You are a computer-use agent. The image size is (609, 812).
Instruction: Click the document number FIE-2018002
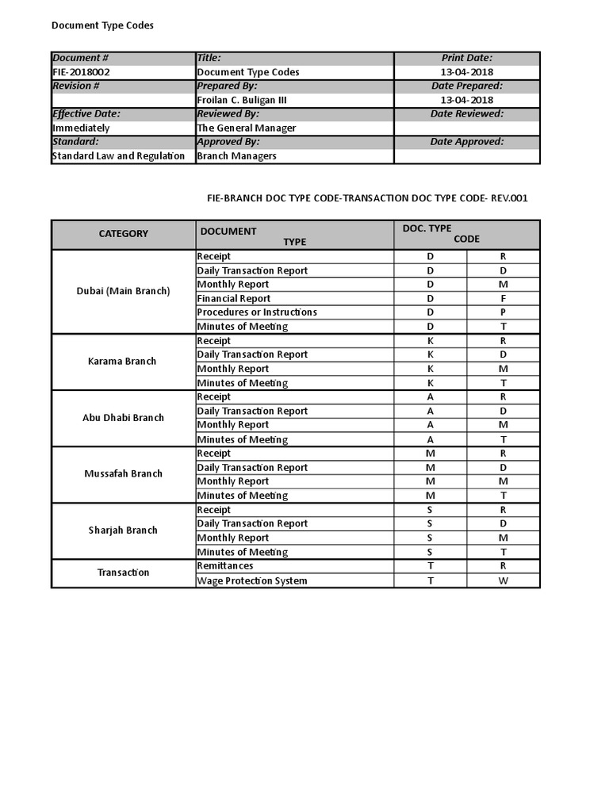coord(81,72)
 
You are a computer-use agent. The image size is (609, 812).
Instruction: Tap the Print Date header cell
coord(467,58)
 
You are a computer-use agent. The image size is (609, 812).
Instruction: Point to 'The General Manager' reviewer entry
coord(247,128)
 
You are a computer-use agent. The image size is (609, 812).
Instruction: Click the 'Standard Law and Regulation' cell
coord(118,155)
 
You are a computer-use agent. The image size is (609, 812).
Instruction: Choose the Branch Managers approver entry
coord(237,155)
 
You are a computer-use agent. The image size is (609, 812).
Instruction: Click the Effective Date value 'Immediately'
coord(81,128)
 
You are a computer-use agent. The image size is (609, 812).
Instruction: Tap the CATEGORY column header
coord(123,234)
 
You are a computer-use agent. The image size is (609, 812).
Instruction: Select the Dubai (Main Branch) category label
coord(123,291)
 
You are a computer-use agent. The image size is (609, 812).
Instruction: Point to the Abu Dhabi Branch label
coord(123,418)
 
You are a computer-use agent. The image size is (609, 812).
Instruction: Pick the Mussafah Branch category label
coord(123,474)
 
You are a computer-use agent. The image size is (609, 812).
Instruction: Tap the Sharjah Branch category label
coord(123,530)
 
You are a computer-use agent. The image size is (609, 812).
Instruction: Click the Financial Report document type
coord(234,299)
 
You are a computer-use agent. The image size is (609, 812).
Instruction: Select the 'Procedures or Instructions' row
coord(257,312)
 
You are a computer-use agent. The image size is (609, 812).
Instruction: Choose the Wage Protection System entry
coord(252,581)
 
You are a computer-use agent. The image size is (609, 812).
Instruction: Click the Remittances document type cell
coord(225,566)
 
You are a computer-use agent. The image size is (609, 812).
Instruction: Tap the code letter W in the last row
coord(503,581)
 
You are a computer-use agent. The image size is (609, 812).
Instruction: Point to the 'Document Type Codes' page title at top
coord(102,25)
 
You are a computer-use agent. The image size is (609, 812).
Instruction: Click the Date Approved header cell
coord(467,142)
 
